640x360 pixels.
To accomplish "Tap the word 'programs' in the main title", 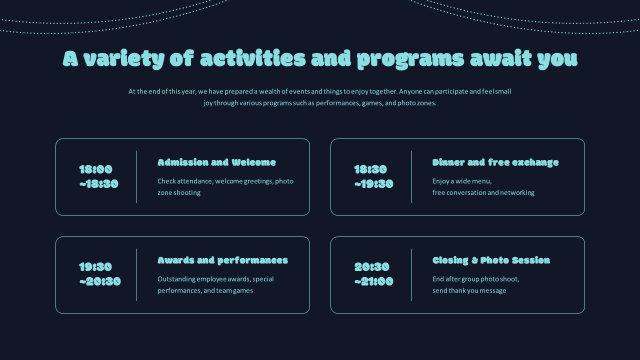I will tap(410, 59).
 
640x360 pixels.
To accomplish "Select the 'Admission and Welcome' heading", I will tap(216, 162).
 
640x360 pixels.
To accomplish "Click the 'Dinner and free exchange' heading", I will tap(495, 162).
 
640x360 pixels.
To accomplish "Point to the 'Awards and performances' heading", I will tap(222, 260).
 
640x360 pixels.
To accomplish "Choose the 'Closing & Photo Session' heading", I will tap(491, 260).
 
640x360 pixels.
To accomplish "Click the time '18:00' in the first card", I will tap(96, 169).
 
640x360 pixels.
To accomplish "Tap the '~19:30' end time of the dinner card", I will tap(374, 184).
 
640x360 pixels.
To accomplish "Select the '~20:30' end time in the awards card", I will tap(100, 281).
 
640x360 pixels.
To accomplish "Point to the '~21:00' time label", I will tap(374, 281).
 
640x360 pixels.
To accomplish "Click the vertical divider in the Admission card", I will tap(136, 177).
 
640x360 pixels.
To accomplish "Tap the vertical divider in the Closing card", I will tap(411, 274).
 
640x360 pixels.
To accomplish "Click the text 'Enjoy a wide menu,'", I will tap(462, 181).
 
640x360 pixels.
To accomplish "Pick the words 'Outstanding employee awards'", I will tap(204, 279).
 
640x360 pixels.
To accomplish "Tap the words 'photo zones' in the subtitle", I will tap(416, 103).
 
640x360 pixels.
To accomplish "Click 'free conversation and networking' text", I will tap(483, 192).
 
